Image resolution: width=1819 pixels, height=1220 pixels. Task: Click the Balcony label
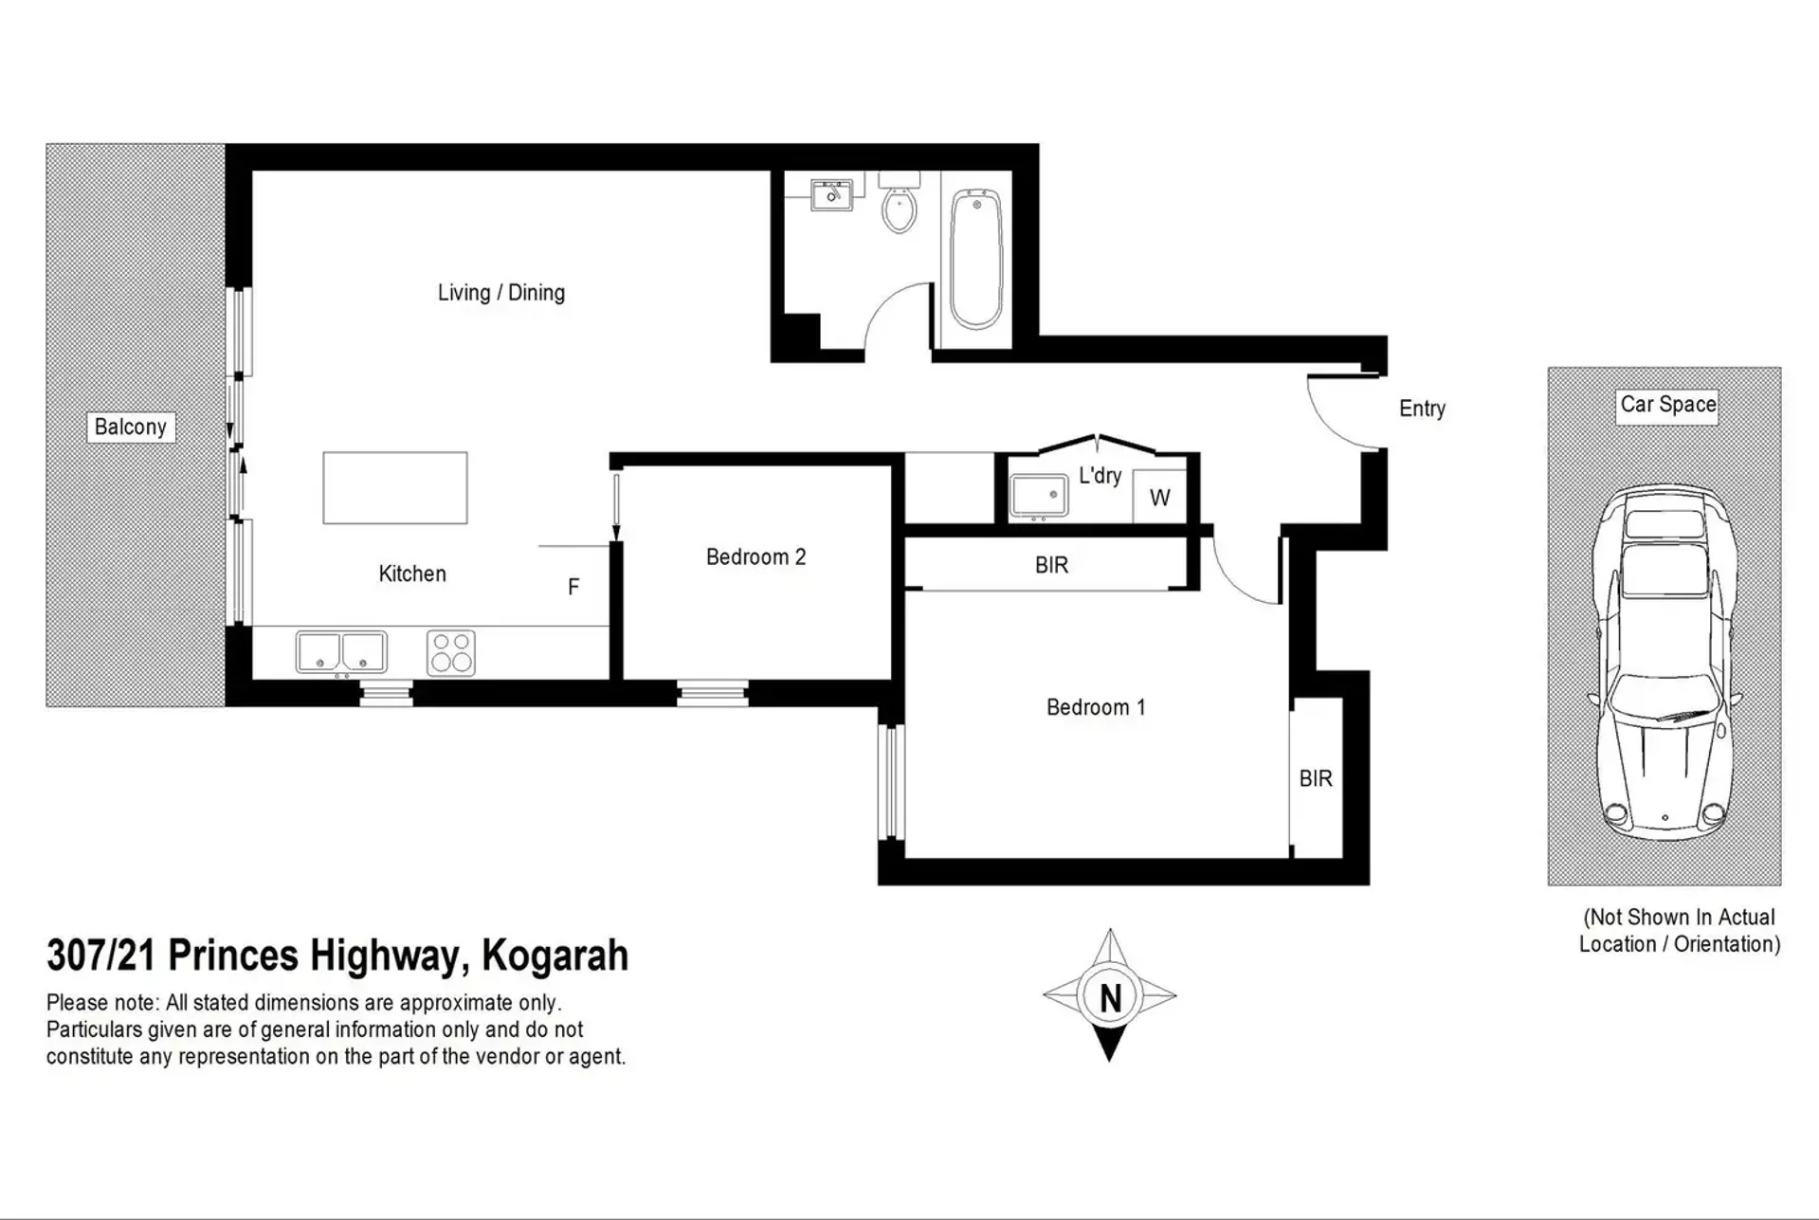pyautogui.click(x=131, y=427)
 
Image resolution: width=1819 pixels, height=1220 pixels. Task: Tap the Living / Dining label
pyautogui.click(x=501, y=293)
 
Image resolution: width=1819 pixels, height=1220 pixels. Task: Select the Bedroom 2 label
pyautogui.click(x=755, y=557)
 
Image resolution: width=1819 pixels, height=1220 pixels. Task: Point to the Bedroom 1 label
pyautogui.click(x=1096, y=707)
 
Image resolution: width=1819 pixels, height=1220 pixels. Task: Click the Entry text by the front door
pyautogui.click(x=1422, y=409)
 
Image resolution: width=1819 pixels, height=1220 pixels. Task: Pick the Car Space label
pyautogui.click(x=1668, y=405)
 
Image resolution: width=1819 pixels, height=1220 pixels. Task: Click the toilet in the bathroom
pyautogui.click(x=899, y=202)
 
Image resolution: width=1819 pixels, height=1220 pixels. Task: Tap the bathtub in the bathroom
pyautogui.click(x=976, y=259)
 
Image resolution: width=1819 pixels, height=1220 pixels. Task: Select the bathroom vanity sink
pyautogui.click(x=831, y=193)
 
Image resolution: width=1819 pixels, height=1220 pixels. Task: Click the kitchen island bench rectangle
pyautogui.click(x=395, y=487)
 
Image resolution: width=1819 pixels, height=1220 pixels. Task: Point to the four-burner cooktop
pyautogui.click(x=451, y=653)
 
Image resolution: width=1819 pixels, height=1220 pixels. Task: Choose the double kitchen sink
pyautogui.click(x=341, y=653)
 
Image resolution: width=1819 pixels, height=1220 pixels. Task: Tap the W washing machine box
pyautogui.click(x=1159, y=497)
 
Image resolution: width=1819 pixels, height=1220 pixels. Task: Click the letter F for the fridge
pyautogui.click(x=573, y=588)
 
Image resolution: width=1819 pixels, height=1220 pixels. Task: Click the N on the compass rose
pyautogui.click(x=1110, y=997)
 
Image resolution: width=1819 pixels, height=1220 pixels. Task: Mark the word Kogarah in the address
pyautogui.click(x=555, y=956)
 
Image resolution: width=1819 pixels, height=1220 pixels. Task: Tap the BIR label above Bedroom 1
pyautogui.click(x=1051, y=566)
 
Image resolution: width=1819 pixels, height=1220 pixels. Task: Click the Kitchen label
pyautogui.click(x=412, y=574)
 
